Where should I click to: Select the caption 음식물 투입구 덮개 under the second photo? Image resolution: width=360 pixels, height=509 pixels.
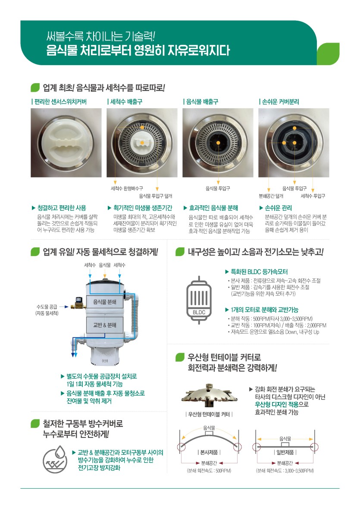click(156, 196)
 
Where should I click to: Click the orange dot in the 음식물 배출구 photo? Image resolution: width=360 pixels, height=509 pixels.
click(218, 143)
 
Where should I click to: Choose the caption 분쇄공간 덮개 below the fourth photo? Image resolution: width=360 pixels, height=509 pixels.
click(271, 196)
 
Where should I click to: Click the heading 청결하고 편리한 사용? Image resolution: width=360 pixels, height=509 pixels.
click(62, 208)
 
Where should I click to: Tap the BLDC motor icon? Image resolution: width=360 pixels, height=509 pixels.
click(199, 300)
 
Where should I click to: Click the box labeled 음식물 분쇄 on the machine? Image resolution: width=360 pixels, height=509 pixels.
click(104, 302)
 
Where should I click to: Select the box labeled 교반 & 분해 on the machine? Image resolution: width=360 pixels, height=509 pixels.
click(104, 325)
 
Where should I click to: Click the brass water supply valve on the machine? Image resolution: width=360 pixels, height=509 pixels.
click(78, 303)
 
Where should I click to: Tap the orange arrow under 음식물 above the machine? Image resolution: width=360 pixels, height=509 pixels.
click(104, 274)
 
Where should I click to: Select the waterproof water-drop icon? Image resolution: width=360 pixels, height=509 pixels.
click(56, 459)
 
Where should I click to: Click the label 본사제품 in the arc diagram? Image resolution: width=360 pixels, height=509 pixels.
click(209, 452)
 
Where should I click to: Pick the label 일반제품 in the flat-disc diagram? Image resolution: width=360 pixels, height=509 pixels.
click(285, 452)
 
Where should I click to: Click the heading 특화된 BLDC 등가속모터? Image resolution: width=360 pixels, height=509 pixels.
click(259, 272)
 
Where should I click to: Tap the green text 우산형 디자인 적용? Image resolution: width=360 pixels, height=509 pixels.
click(276, 404)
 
